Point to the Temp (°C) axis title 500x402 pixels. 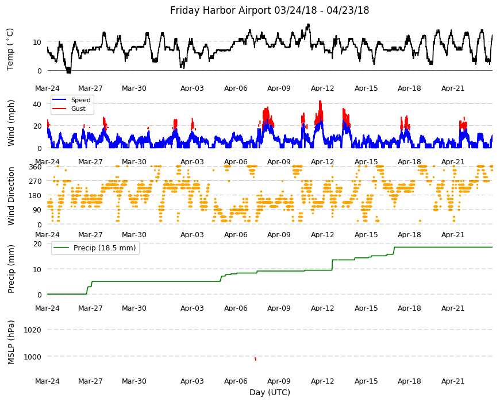tap(10, 49)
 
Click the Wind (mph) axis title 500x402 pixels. tap(11, 123)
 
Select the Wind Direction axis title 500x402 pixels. tap(11, 196)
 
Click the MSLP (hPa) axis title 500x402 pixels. tap(11, 342)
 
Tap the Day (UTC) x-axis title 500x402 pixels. tap(270, 392)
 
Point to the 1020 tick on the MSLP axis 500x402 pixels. tap(33, 330)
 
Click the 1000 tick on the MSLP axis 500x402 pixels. tap(33, 357)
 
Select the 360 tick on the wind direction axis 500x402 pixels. tap(35, 167)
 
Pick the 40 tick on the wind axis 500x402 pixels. tap(37, 104)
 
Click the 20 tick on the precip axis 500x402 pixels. tap(37, 243)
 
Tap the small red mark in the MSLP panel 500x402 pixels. tap(255, 359)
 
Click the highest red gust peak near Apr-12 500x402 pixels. tap(320, 102)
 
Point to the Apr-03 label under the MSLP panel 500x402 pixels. tap(192, 381)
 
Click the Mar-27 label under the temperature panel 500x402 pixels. tap(91, 88)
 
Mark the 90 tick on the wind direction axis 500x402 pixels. tap(37, 210)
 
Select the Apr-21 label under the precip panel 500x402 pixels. tap(453, 308)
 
